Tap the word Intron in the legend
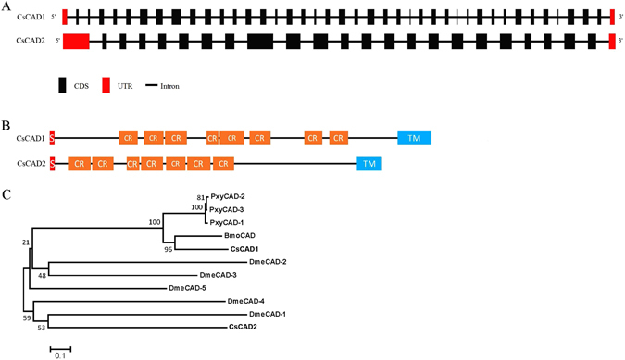tap(169, 86)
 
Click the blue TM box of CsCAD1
tap(414, 138)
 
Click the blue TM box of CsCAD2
tap(369, 164)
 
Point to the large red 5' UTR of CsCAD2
tap(76, 40)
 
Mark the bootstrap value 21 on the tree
tap(27, 242)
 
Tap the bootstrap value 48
tap(42, 275)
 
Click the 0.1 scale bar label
tap(59, 354)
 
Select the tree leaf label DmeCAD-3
tap(219, 275)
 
